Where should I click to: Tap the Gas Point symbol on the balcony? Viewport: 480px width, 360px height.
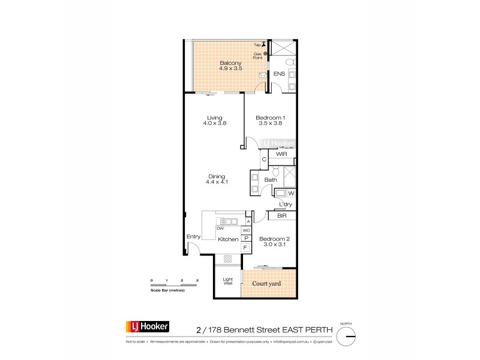(x=266, y=53)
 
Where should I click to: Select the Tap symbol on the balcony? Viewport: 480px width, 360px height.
(x=263, y=44)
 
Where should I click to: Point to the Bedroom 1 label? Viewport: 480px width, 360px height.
(x=269, y=117)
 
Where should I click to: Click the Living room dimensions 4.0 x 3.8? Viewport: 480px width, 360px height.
(x=215, y=124)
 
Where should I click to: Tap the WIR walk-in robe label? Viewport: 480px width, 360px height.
(x=281, y=154)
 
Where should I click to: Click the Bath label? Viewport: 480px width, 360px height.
(x=271, y=180)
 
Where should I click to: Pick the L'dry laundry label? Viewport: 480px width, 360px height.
(x=286, y=205)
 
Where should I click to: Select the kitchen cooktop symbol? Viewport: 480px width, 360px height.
(x=228, y=259)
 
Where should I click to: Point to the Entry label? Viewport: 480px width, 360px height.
(x=193, y=236)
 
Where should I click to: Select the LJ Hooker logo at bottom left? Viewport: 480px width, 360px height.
(x=147, y=327)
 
